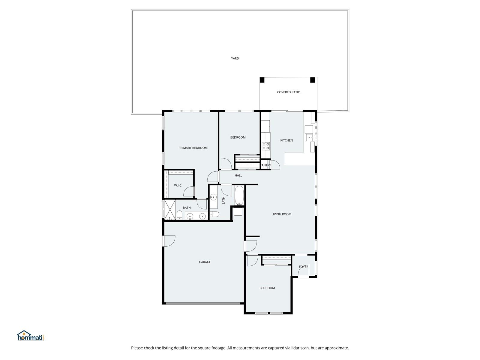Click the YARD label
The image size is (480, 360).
pyautogui.click(x=235, y=58)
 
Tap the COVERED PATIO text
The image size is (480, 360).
pyautogui.click(x=288, y=92)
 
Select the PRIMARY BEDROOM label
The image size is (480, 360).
pyautogui.click(x=193, y=148)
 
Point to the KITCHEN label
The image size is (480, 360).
pyautogui.click(x=286, y=140)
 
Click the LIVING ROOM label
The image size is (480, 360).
pyautogui.click(x=281, y=214)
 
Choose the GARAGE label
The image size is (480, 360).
pyautogui.click(x=205, y=262)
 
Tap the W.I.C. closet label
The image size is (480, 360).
pyautogui.click(x=178, y=185)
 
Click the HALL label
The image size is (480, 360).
pyautogui.click(x=238, y=175)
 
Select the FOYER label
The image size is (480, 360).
pyautogui.click(x=304, y=267)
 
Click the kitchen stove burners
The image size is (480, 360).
pyautogui.click(x=266, y=146)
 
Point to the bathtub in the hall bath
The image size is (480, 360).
pyautogui.click(x=239, y=196)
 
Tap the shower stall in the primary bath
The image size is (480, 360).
pyautogui.click(x=170, y=210)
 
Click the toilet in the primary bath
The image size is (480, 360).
pyautogui.click(x=179, y=215)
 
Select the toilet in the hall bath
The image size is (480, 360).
pyautogui.click(x=214, y=214)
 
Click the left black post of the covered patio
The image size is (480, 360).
pyautogui.click(x=262, y=80)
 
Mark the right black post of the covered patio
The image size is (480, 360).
pyautogui.click(x=313, y=80)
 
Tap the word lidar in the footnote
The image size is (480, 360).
pyautogui.click(x=295, y=348)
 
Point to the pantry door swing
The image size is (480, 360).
pyautogui.click(x=275, y=165)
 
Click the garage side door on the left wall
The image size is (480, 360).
pyautogui.click(x=169, y=241)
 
